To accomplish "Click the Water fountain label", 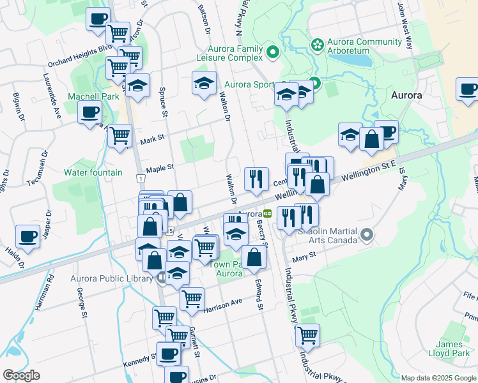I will pyautogui.click(x=93, y=172).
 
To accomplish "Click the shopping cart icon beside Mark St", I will pyautogui.click(x=119, y=135).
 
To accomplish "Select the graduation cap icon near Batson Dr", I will pyautogui.click(x=204, y=84).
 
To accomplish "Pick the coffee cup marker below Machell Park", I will pyautogui.click(x=89, y=114).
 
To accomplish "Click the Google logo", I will pyautogui.click(x=22, y=375).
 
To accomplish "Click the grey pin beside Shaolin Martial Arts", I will pyautogui.click(x=367, y=236).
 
